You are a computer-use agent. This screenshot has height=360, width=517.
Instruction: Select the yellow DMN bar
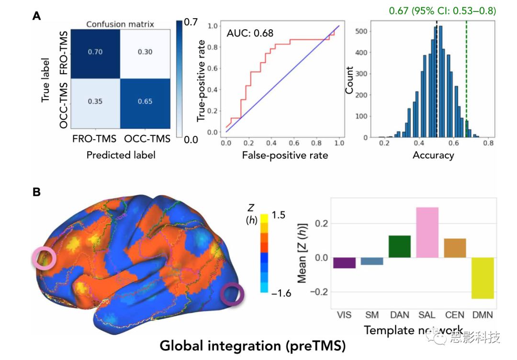[482, 278]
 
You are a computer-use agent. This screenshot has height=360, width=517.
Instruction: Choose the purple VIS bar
[344, 263]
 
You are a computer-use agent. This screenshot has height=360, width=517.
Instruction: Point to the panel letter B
[36, 192]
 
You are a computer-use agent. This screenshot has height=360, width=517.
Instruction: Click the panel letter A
[36, 16]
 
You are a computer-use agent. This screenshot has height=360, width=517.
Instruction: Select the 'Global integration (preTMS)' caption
[252, 345]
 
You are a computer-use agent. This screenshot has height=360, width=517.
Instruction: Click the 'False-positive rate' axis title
[284, 156]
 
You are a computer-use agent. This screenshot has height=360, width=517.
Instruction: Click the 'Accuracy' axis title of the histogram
[433, 156]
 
